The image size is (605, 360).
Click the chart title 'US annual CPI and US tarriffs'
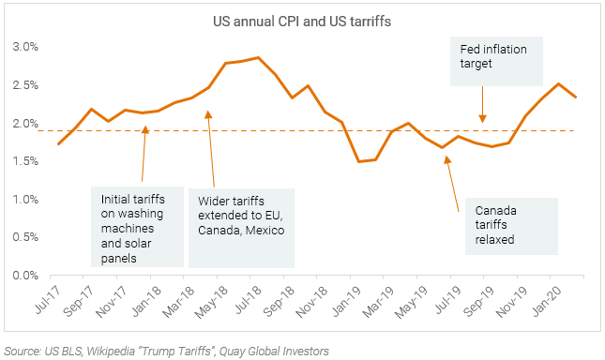click(302, 21)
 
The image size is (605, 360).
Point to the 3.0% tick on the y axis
click(24, 46)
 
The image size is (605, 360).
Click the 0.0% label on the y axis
click(24, 276)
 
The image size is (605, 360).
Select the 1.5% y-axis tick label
click(24, 161)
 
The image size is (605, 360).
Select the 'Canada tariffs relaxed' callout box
click(511, 225)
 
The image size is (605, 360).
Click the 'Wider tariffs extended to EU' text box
click(240, 225)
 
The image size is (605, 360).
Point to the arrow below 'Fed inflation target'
click(482, 103)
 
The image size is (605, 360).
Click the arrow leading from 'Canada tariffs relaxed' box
click(453, 178)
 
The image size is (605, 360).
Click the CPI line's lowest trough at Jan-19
click(358, 161)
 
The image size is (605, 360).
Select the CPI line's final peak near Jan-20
click(559, 83)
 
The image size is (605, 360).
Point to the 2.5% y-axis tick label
click(24, 84)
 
